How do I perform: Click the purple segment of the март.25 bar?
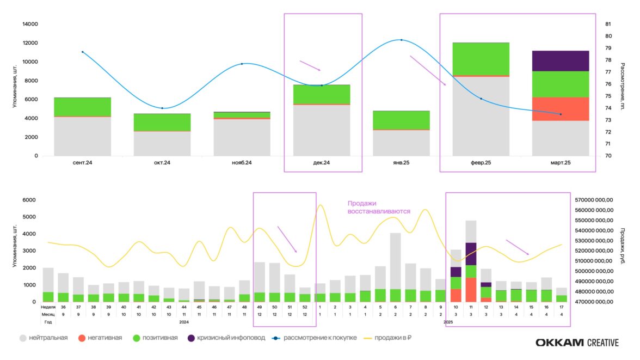coord(561,61)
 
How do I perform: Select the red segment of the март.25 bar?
coord(561,109)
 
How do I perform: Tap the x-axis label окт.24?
coord(162,163)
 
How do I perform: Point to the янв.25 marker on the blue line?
coord(401,40)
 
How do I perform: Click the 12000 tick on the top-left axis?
coord(29,43)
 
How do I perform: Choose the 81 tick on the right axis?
coord(608,24)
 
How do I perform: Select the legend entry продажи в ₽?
coord(389,338)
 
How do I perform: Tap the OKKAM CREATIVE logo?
coord(577,343)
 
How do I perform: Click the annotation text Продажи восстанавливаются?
coord(379,208)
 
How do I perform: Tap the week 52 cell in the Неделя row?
coord(305,307)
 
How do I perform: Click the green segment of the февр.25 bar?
coord(481,59)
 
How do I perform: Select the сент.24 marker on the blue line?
coord(82,52)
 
